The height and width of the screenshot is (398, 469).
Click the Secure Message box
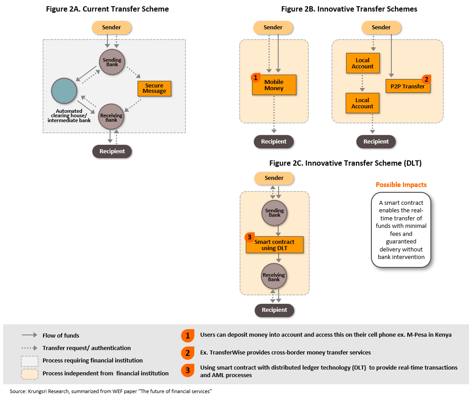(154, 88)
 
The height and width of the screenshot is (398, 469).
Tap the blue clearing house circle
(64, 91)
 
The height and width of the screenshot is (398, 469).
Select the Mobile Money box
(274, 85)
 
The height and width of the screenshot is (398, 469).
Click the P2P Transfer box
(408, 86)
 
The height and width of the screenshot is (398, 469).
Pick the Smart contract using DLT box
(274, 245)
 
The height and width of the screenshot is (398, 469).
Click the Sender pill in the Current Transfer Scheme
(111, 28)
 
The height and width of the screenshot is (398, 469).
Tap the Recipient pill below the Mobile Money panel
(273, 142)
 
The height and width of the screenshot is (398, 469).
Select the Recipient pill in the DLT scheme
(274, 310)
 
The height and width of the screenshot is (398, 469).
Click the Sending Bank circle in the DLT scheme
(274, 213)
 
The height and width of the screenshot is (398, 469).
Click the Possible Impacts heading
(401, 184)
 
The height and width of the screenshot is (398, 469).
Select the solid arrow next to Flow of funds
(29, 335)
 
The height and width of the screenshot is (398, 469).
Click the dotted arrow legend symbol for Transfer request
(29, 348)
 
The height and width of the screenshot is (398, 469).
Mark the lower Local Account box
(363, 103)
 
